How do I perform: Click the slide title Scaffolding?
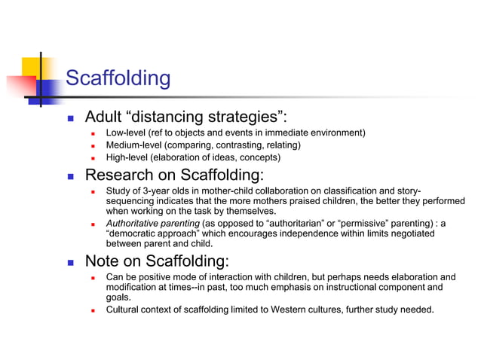coord(118,78)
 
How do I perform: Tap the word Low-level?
coord(127,133)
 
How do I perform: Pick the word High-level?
coord(127,157)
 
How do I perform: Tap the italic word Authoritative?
coord(133,224)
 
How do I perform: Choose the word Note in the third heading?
coord(103,262)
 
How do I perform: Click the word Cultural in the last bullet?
coord(124,310)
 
